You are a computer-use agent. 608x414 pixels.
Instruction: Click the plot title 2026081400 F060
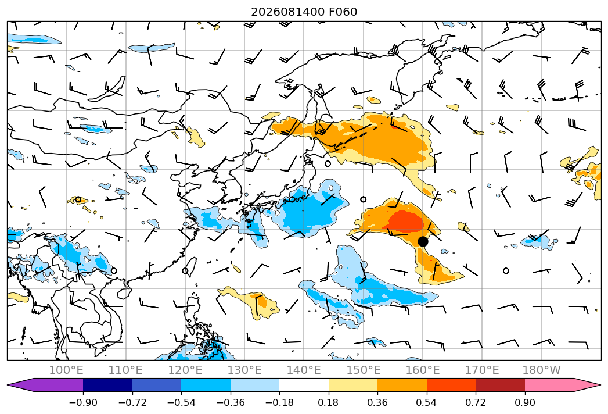pyautogui.click(x=304, y=12)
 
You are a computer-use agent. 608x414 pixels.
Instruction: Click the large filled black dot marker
pyautogui.click(x=423, y=241)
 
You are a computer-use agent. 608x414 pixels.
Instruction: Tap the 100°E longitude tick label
pyautogui.click(x=66, y=370)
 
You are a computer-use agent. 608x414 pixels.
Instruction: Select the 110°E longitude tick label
pyautogui.click(x=125, y=370)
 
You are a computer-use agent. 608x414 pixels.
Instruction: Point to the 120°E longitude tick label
pyautogui.click(x=185, y=370)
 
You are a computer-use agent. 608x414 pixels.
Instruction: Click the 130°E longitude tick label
pyautogui.click(x=244, y=370)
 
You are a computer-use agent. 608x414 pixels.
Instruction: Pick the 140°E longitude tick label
pyautogui.click(x=304, y=370)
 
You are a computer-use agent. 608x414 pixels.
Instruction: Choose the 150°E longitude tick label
pyautogui.click(x=364, y=370)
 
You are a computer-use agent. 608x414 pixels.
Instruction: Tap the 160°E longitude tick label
pyautogui.click(x=423, y=370)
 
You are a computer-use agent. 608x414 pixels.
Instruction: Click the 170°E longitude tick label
pyautogui.click(x=482, y=370)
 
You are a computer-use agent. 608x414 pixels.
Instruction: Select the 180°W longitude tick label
pyautogui.click(x=542, y=370)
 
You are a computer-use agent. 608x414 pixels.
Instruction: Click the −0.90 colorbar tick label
pyautogui.click(x=83, y=402)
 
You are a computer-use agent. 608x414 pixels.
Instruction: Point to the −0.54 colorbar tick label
pyautogui.click(x=181, y=402)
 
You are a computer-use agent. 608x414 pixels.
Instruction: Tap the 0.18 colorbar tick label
pyautogui.click(x=329, y=402)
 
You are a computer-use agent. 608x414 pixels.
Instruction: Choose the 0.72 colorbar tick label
pyautogui.click(x=476, y=402)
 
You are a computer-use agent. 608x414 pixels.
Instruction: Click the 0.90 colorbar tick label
pyautogui.click(x=524, y=402)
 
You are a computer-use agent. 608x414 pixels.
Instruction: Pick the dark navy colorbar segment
pyautogui.click(x=107, y=385)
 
